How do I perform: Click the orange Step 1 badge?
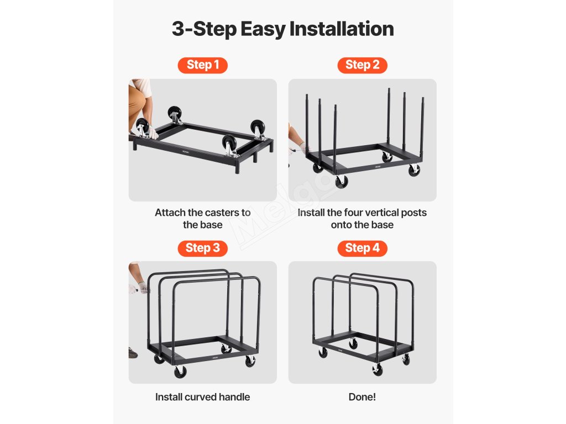pyautogui.click(x=202, y=65)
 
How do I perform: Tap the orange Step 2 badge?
pyautogui.click(x=362, y=65)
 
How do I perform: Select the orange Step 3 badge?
pyautogui.click(x=202, y=248)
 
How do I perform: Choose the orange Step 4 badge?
pyautogui.click(x=362, y=248)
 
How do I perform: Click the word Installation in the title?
pyautogui.click(x=342, y=29)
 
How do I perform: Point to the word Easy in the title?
pyautogui.click(x=263, y=30)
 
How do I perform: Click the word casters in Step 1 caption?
pyautogui.click(x=222, y=213)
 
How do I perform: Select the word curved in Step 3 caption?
pyautogui.click(x=202, y=397)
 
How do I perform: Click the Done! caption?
pyautogui.click(x=362, y=397)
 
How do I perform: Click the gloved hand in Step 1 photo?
pyautogui.click(x=153, y=132)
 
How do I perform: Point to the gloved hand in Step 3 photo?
pyautogui.click(x=142, y=288)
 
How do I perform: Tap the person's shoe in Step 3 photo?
pyautogui.click(x=133, y=353)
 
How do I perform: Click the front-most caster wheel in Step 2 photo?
pyautogui.click(x=342, y=181)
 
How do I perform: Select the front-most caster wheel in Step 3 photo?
pyautogui.click(x=180, y=372)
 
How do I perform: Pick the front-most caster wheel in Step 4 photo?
pyautogui.click(x=378, y=370)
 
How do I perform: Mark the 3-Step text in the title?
pyautogui.click(x=204, y=30)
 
